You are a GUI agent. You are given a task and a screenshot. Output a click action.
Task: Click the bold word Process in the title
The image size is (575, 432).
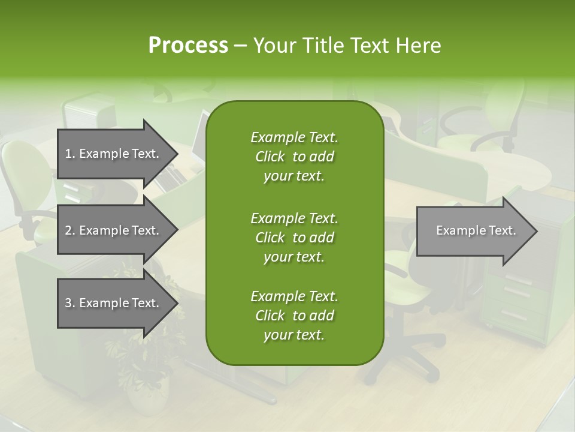point(188,46)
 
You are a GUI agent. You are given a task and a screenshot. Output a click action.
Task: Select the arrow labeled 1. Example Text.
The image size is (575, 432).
point(113,154)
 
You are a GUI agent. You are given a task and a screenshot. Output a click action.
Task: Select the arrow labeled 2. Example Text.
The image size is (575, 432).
point(113,230)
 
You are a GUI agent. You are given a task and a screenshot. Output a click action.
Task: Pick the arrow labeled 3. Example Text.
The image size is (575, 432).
point(113,303)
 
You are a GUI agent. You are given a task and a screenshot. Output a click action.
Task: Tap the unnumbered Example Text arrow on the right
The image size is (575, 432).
point(476,230)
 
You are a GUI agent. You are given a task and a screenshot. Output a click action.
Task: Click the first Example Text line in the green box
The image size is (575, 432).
point(294,137)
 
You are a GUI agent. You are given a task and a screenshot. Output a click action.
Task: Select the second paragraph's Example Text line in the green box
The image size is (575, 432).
point(294,218)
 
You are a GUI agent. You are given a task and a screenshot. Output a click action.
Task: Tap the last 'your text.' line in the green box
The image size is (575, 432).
point(294,335)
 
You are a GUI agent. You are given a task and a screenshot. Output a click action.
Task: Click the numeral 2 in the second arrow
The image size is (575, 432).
point(68,230)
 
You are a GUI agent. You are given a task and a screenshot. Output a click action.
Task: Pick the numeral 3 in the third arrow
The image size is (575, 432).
point(68,303)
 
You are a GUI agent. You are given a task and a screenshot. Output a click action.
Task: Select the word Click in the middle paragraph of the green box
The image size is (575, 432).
point(270,238)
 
